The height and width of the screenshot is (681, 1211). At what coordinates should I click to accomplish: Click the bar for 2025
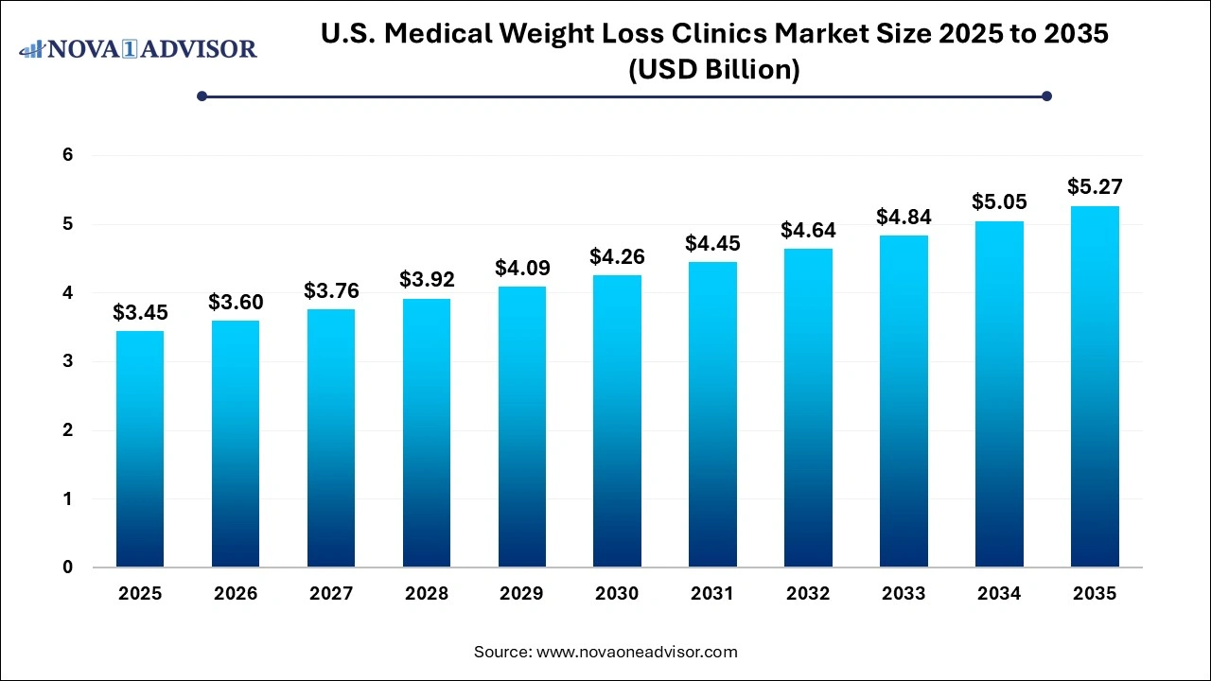pos(140,449)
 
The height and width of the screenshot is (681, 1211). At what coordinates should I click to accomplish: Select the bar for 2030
pos(617,421)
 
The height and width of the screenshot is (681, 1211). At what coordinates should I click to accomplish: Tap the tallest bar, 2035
pos(1095,387)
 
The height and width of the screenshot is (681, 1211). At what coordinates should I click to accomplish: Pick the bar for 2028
pos(426,433)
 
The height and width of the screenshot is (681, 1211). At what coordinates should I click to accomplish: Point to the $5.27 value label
pos(1095,186)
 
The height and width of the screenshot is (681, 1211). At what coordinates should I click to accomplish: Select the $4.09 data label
pos(522,268)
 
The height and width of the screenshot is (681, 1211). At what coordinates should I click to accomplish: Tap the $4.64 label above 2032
pos(807,230)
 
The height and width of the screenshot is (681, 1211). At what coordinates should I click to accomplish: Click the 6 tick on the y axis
pos(68,155)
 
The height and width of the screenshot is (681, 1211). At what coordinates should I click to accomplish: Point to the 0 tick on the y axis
pos(68,567)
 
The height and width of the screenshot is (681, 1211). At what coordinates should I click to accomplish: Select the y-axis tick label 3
pos(68,361)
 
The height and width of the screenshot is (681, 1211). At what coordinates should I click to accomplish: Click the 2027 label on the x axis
pos(331,594)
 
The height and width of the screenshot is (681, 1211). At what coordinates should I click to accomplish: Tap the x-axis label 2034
pos(999,594)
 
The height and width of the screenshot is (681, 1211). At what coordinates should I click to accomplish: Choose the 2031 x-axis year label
pos(712,594)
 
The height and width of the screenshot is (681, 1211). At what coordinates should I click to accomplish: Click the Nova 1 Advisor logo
pos(138,49)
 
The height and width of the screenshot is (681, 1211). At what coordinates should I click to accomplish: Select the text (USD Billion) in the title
pos(714,70)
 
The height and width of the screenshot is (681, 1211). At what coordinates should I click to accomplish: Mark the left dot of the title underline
pos(202,96)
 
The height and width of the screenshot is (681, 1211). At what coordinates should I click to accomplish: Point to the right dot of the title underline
pos(1046,96)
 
